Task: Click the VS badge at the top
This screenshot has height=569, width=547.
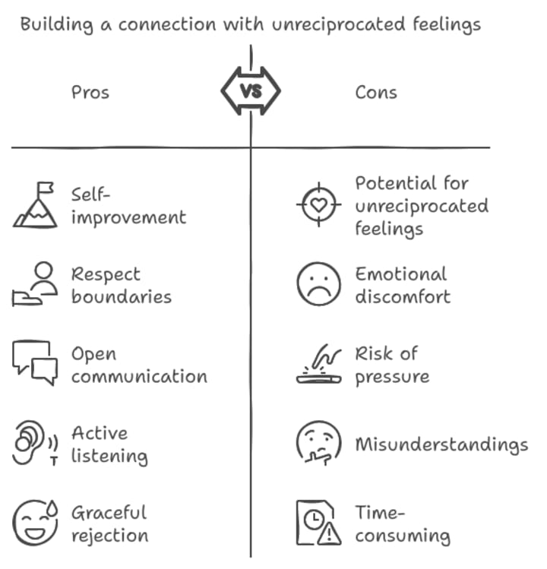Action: (x=251, y=92)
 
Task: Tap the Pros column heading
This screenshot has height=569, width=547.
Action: (x=90, y=93)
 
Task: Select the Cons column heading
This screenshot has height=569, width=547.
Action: (x=376, y=93)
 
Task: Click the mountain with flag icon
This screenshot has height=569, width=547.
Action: (x=35, y=205)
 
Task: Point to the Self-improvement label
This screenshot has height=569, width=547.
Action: (x=128, y=206)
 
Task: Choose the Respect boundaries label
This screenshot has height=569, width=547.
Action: (x=121, y=285)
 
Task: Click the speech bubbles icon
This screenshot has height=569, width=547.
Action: (x=35, y=363)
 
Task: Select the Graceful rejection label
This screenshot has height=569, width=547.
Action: (x=109, y=523)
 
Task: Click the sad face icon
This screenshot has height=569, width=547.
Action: (x=318, y=284)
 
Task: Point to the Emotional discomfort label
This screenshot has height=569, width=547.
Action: (x=402, y=285)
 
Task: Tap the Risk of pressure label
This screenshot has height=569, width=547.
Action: (x=391, y=365)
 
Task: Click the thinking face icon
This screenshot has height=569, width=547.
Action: (x=318, y=444)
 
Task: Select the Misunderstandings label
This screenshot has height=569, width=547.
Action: (x=441, y=444)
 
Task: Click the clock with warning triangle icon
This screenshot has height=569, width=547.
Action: (x=318, y=523)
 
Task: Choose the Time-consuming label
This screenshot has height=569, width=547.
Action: (x=402, y=523)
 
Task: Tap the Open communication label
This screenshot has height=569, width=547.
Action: (x=138, y=365)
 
